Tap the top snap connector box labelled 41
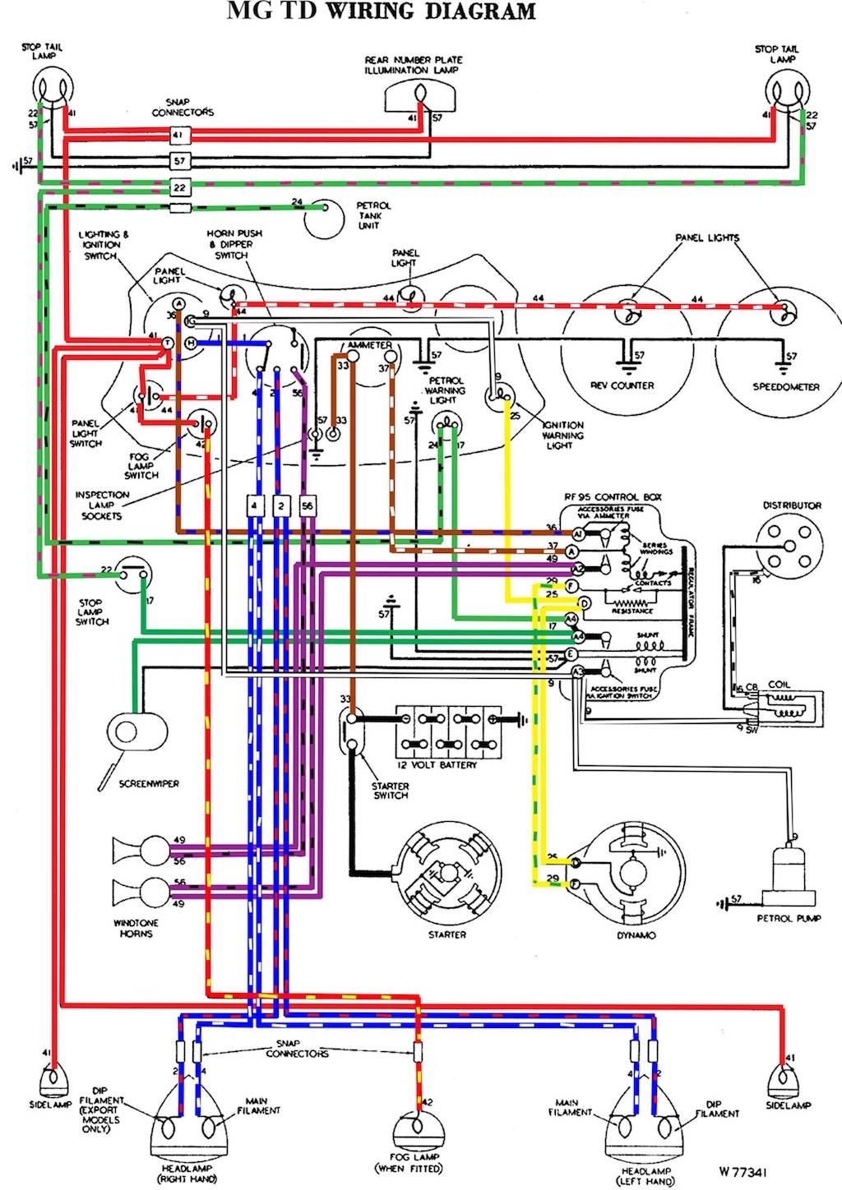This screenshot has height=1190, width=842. pyautogui.click(x=180, y=134)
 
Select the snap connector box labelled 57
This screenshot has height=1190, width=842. pyautogui.click(x=180, y=160)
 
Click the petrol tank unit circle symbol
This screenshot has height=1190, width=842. pyautogui.click(x=324, y=218)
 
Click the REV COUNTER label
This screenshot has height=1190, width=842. pyautogui.click(x=622, y=385)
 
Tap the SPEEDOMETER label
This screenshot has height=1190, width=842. pyautogui.click(x=785, y=386)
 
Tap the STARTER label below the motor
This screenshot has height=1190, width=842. pyautogui.click(x=447, y=934)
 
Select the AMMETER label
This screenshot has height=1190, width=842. pyautogui.click(x=370, y=345)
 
